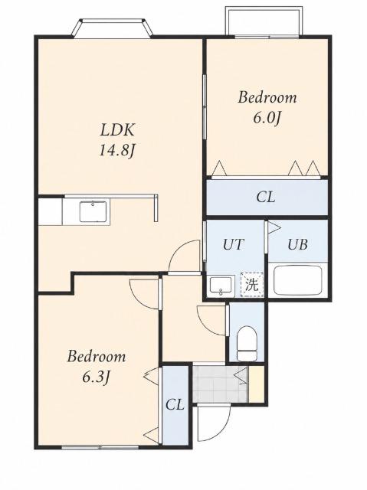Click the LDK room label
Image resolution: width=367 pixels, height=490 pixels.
[x=117, y=130]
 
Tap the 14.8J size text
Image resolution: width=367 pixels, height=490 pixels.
[x=117, y=151]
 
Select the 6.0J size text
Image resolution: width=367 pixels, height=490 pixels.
[x=266, y=118]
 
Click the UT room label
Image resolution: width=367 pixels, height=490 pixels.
[x=233, y=244]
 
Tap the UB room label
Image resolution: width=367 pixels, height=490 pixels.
[x=297, y=244]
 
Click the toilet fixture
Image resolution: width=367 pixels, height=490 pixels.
[x=247, y=343]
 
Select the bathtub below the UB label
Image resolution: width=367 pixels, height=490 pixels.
[x=297, y=280]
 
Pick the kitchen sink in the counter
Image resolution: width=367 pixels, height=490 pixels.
[x=93, y=211]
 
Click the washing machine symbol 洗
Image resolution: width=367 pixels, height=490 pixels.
[x=252, y=284]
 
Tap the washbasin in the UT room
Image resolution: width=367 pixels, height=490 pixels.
[x=221, y=285]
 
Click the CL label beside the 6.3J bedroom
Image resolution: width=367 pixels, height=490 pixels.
[x=175, y=405]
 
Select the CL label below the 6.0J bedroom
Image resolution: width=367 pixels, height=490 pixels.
[x=266, y=198]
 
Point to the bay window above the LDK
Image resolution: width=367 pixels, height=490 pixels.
[x=113, y=28]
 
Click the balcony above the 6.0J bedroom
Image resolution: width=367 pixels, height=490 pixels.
[x=264, y=22]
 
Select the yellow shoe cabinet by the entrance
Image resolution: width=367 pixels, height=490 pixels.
[x=257, y=384]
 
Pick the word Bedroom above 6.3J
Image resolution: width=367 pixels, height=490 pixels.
[x=97, y=357]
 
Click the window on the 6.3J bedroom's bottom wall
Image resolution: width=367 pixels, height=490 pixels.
[x=100, y=447]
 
